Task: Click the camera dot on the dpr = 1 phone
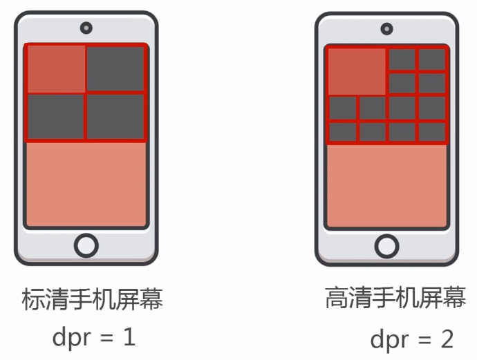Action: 86,28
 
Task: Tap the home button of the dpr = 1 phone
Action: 86,245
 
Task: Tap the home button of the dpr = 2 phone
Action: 386,246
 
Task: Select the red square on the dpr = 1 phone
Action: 55,69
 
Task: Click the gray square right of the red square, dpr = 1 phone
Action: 115,69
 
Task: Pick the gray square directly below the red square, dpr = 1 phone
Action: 55,117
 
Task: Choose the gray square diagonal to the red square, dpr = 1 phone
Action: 115,117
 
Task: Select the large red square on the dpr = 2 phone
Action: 356,71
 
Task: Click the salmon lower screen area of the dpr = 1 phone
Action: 86,183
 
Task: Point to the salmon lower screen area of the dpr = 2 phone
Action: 386,185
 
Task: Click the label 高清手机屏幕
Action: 395,299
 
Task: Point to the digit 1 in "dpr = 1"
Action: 128,337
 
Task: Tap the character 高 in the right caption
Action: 337,299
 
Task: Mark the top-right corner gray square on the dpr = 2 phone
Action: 432,59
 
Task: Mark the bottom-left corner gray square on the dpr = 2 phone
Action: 342,131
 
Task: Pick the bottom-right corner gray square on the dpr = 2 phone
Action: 432,131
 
